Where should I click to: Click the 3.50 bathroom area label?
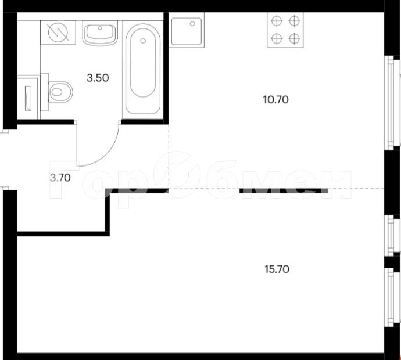click(98, 78)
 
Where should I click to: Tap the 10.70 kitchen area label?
click(276, 100)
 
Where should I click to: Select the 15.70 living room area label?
click(277, 269)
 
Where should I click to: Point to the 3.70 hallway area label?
click(60, 178)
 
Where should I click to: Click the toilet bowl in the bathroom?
click(60, 92)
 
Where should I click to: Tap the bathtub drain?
click(143, 41)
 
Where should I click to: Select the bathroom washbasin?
click(100, 33)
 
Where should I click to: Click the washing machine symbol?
click(58, 33)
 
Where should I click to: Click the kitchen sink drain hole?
click(192, 24)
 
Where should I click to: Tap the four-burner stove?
click(285, 30)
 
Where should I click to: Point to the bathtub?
click(143, 70)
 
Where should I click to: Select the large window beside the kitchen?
click(392, 103)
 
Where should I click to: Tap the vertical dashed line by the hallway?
click(169, 156)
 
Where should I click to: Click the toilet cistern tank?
click(45, 92)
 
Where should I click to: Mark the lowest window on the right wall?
click(392, 297)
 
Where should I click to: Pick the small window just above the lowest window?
click(392, 235)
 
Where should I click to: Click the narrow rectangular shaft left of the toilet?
click(28, 98)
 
